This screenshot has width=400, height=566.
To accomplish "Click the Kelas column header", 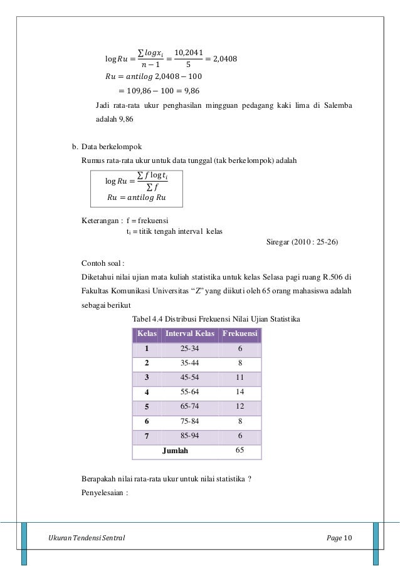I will (147, 333).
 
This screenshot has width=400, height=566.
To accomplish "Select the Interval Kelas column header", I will (190, 333).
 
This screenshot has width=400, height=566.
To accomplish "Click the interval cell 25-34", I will (190, 349).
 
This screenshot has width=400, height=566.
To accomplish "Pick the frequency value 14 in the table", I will (239, 392).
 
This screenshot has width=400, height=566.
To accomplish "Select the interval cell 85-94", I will (190, 436).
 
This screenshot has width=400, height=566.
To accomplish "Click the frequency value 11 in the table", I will (239, 377).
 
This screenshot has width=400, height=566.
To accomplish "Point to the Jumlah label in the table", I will (175, 451).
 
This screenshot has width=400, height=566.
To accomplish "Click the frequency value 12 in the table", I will (239, 406).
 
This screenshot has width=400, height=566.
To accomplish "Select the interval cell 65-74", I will (190, 406).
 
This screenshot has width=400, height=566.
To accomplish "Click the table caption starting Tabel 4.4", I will (216, 320).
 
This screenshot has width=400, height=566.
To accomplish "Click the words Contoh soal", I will (103, 263).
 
